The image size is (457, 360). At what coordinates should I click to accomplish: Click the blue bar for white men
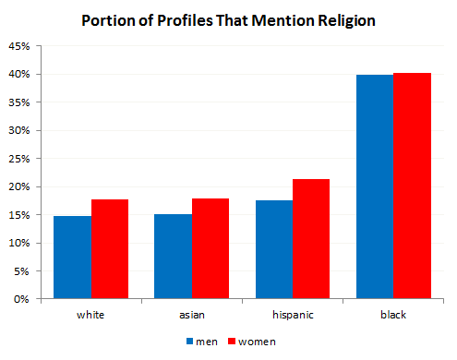coord(73,258)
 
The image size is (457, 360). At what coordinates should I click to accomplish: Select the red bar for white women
coord(110,249)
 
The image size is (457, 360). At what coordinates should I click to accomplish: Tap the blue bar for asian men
coord(173,257)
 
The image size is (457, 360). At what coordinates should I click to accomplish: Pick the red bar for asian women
coord(210,248)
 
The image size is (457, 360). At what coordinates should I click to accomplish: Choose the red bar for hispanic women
coord(311,239)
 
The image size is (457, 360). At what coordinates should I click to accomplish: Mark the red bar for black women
coord(411,186)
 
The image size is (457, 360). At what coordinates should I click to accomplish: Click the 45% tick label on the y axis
coord(18,45)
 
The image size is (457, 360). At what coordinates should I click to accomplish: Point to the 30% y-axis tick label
coord(18,130)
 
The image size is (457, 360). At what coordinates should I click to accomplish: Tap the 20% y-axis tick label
coord(18,186)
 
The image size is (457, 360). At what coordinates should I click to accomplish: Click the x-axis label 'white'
coord(90,316)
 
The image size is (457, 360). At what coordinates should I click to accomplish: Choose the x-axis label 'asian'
coord(191,316)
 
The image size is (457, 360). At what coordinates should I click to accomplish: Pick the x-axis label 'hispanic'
coord(292,316)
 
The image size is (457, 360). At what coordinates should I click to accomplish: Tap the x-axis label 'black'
coord(392,316)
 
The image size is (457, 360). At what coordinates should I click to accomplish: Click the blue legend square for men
coord(189,341)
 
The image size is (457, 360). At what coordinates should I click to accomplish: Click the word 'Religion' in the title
coord(341,19)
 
